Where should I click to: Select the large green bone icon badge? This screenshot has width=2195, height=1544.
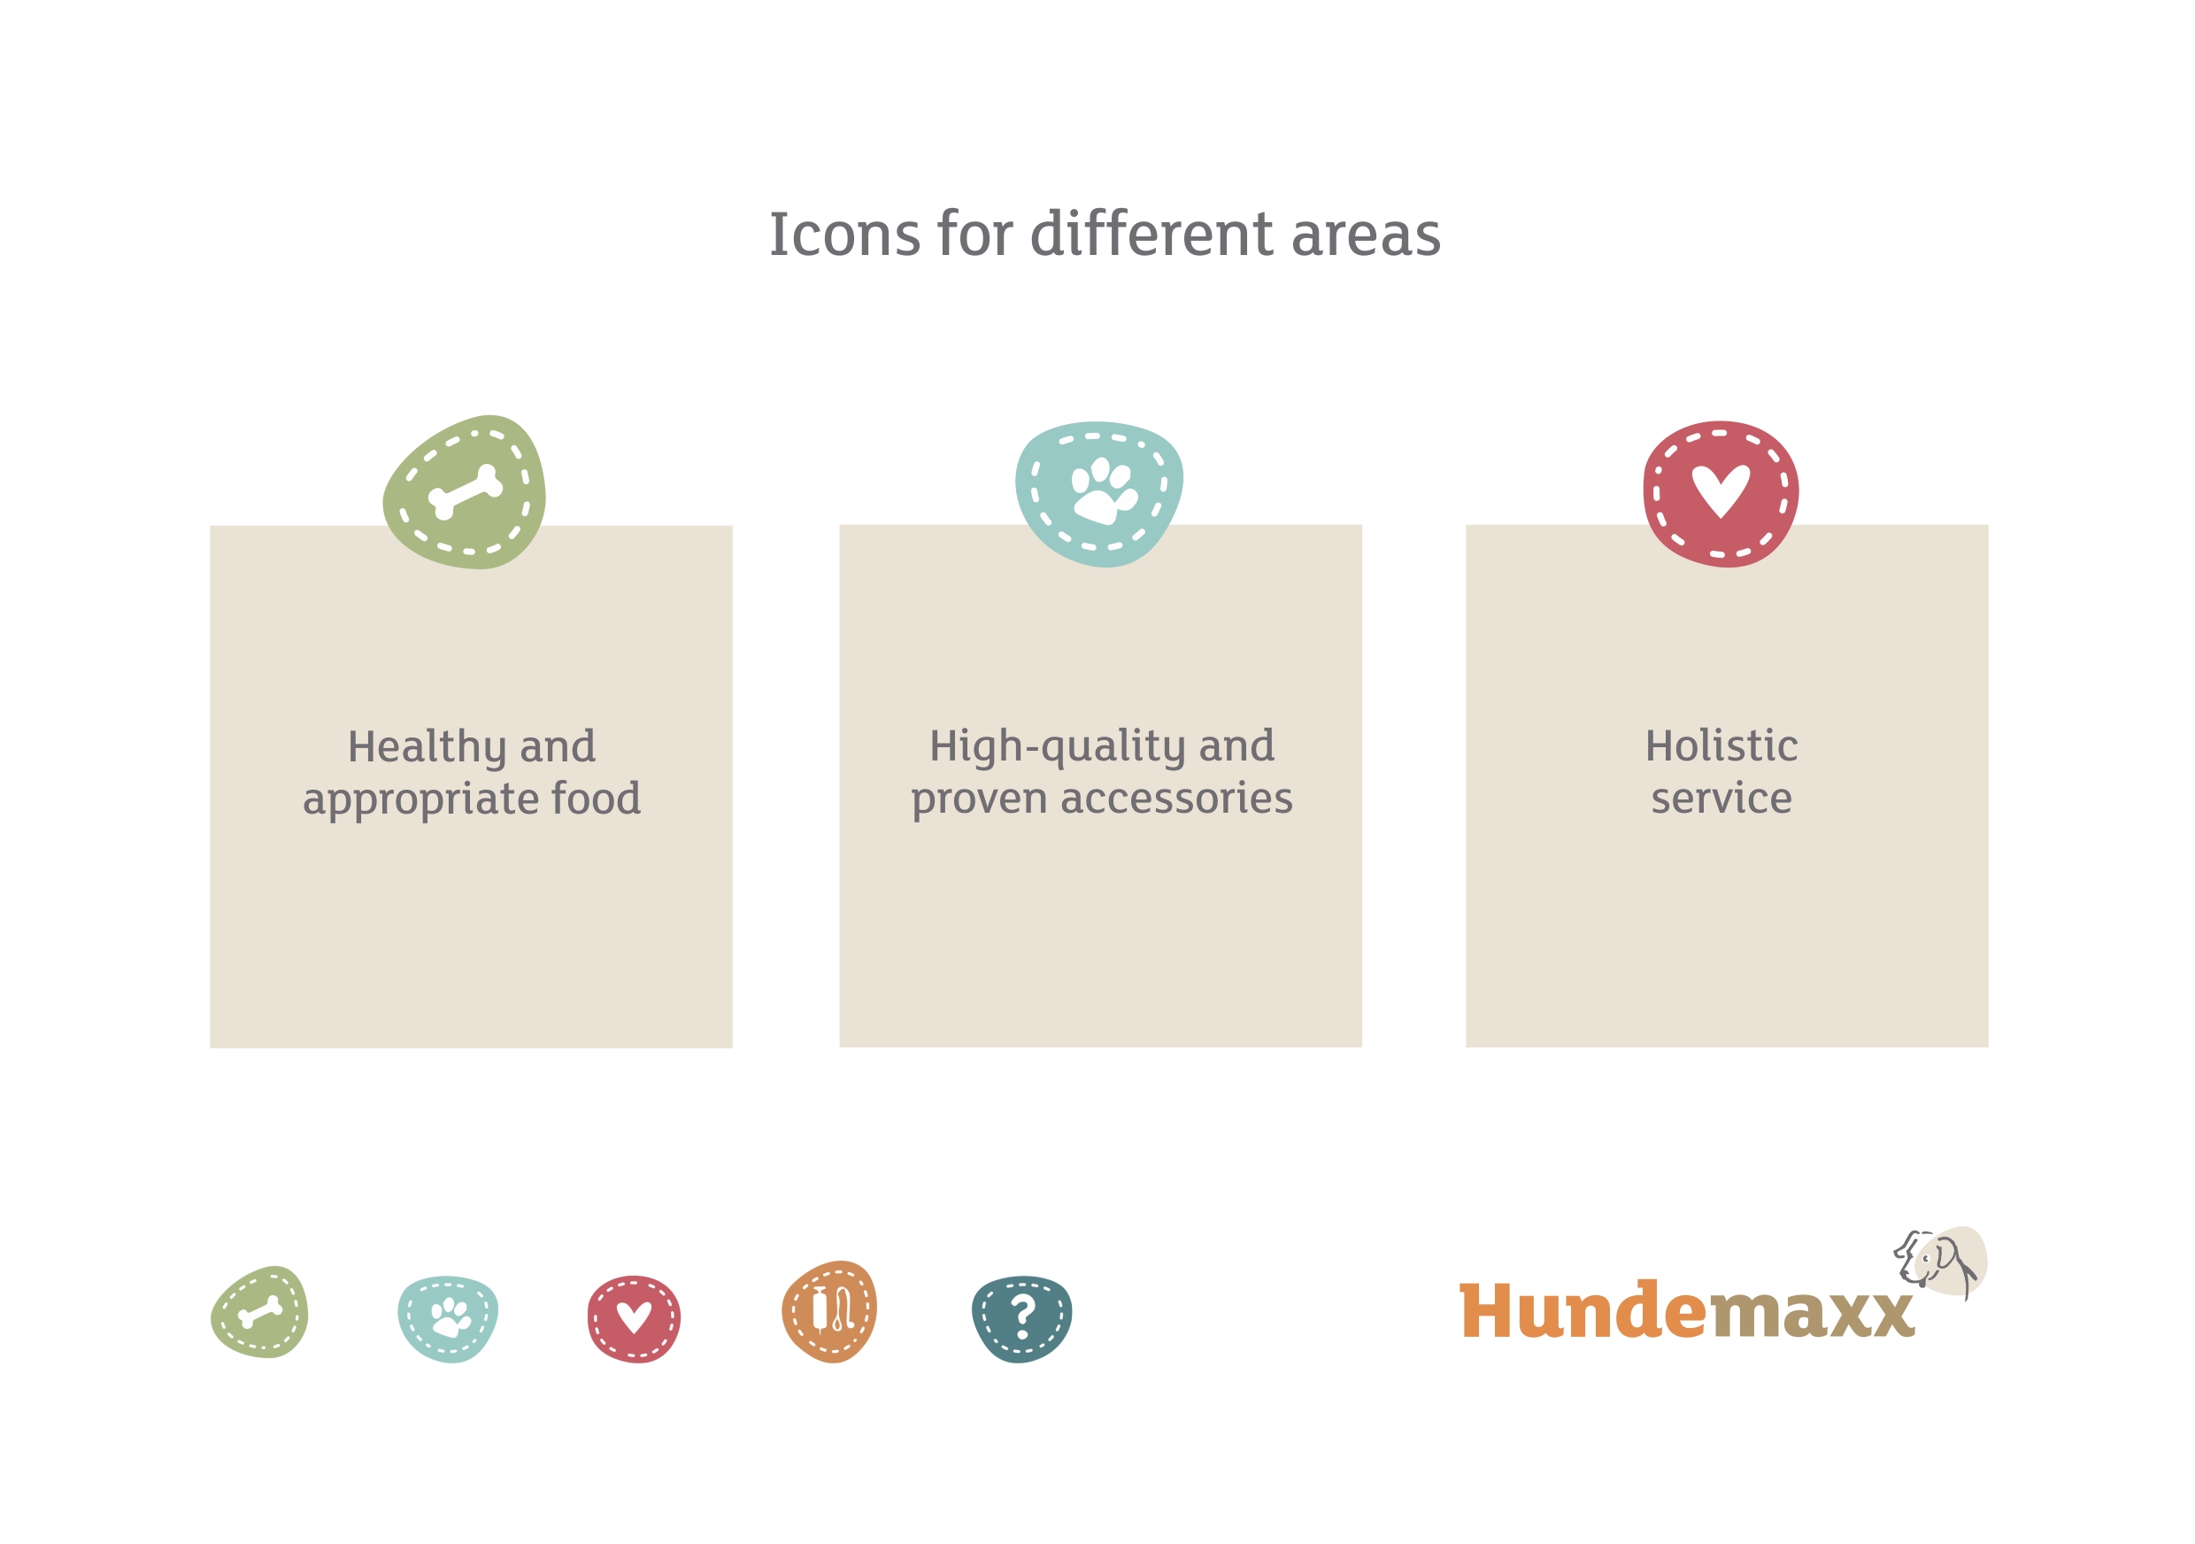click(x=465, y=492)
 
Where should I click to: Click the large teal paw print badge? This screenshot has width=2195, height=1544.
click(x=1099, y=494)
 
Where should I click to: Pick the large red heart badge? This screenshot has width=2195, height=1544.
click(x=1721, y=494)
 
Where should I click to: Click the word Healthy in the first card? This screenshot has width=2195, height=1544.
click(x=427, y=747)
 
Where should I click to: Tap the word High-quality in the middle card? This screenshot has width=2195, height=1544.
click(x=1058, y=747)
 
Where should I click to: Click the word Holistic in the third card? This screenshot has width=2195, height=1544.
click(x=1721, y=745)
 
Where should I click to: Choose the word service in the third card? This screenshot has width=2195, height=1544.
click(x=1721, y=799)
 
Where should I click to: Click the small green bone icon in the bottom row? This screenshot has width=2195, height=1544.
click(x=259, y=1312)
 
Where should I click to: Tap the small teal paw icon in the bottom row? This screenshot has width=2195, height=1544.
click(x=448, y=1318)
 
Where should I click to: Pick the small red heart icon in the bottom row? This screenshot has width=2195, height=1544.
click(x=634, y=1318)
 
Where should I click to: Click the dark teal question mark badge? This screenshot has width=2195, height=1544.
click(x=1021, y=1318)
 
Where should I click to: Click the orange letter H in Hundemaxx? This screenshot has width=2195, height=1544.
click(x=1492, y=1311)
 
